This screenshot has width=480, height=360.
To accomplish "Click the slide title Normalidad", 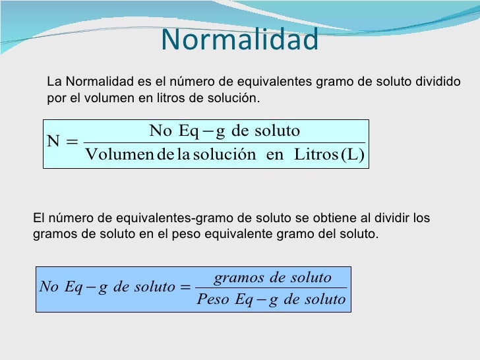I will pos(240,40).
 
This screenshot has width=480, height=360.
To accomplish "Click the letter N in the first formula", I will pos(53,141).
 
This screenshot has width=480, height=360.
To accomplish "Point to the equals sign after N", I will pos(73,141).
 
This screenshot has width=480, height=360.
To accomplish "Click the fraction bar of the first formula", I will pos(225,142).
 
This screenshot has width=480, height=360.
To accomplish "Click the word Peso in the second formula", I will pos(214,300).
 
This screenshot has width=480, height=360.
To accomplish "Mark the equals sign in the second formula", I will pos(185,288).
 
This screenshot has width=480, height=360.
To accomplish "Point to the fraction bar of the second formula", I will pos(271,288).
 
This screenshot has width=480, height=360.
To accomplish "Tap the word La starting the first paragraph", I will pos(54,82).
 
